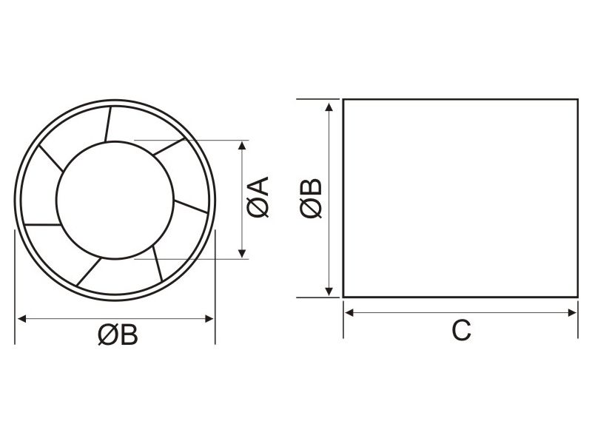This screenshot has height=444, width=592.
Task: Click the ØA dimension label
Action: pyautogui.click(x=260, y=198)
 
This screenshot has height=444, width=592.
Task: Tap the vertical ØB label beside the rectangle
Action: pyautogui.click(x=312, y=198)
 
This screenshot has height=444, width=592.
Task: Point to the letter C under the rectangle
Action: pyautogui.click(x=461, y=331)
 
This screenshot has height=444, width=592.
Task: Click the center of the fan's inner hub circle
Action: pyautogui.click(x=115, y=198)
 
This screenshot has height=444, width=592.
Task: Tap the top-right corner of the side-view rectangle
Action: pyautogui.click(x=576, y=99)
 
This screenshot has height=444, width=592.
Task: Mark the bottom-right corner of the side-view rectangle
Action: pyautogui.click(x=576, y=297)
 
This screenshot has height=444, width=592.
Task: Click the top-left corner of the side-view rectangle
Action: pyautogui.click(x=343, y=99)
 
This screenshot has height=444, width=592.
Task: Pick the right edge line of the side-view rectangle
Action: pyautogui.click(x=576, y=198)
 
